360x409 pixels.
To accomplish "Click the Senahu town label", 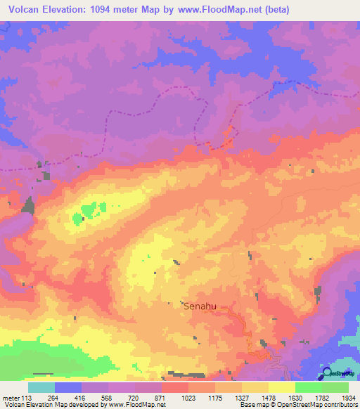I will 200,306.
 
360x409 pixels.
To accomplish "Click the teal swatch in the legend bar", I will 41,387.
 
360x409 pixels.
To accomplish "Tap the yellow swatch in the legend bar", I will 281,387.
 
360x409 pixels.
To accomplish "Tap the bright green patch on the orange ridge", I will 87,210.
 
